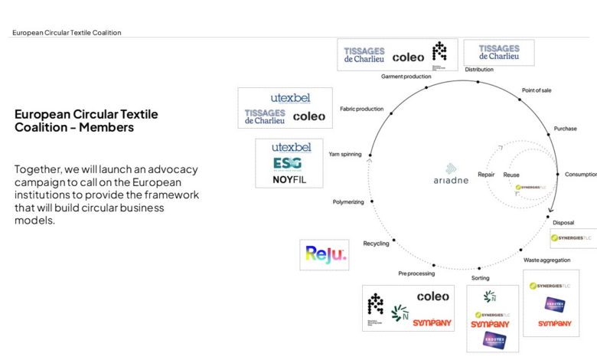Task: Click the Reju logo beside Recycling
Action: click(x=326, y=255)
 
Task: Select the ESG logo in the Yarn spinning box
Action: click(x=288, y=163)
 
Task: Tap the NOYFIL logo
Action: click(x=288, y=180)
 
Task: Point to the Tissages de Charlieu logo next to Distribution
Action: click(x=499, y=52)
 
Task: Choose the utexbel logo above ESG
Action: click(x=291, y=146)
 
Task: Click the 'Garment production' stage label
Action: click(x=406, y=77)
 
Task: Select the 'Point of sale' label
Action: click(x=537, y=90)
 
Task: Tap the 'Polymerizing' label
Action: click(x=348, y=202)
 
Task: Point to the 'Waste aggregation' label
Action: click(x=546, y=260)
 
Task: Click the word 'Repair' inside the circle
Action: click(x=486, y=175)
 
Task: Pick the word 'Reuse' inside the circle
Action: click(x=511, y=175)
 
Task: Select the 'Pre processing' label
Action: click(x=416, y=273)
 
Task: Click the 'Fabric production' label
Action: click(x=362, y=109)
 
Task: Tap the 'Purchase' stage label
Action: click(x=565, y=129)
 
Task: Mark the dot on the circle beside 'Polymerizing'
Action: click(x=372, y=202)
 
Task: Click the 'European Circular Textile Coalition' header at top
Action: click(x=67, y=33)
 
